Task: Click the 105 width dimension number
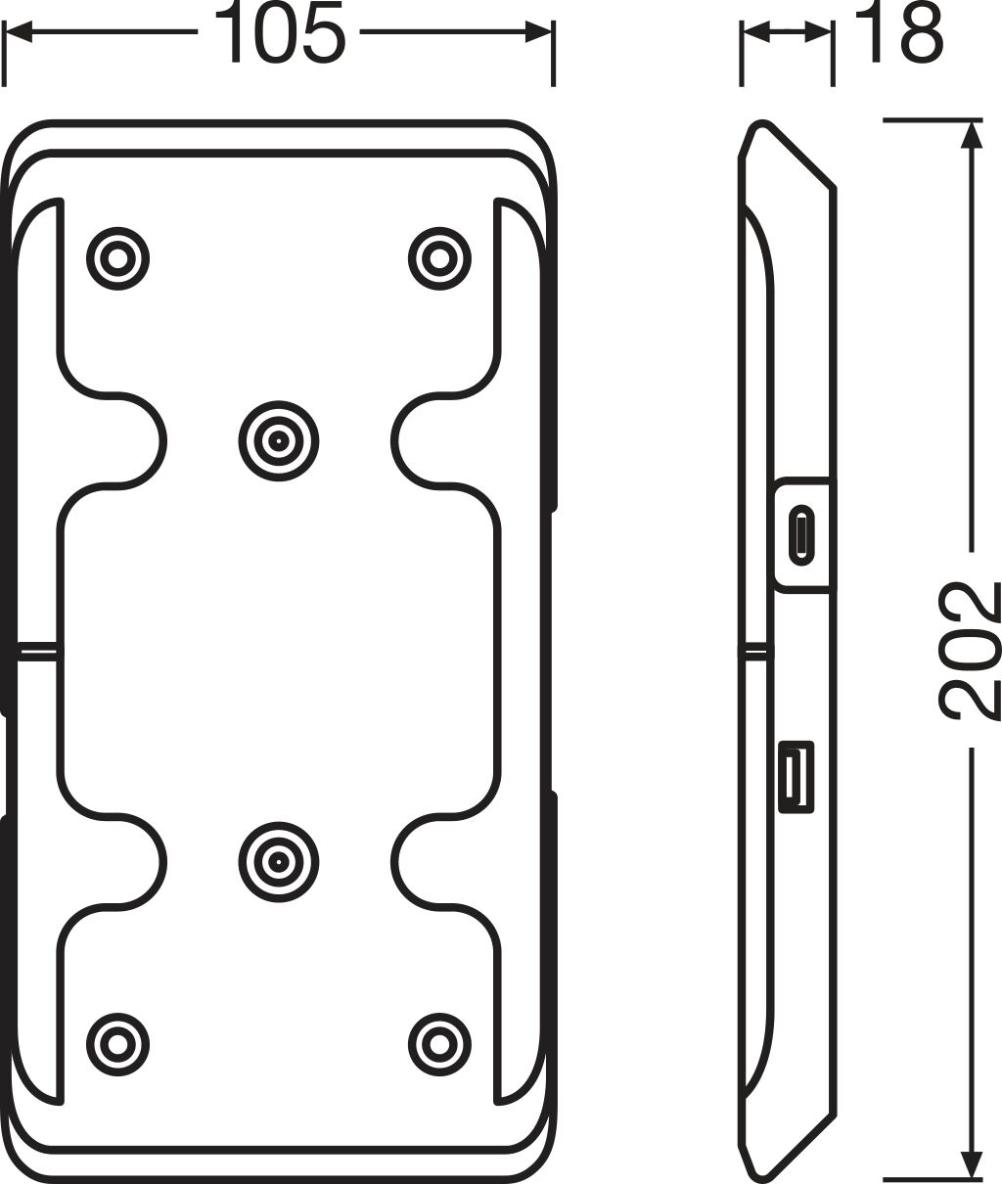[278, 33]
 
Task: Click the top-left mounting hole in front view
[118, 258]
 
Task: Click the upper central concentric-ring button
[279, 440]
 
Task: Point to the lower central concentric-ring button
[279, 862]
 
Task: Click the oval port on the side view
[802, 534]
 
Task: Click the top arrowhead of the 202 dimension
[970, 133]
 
